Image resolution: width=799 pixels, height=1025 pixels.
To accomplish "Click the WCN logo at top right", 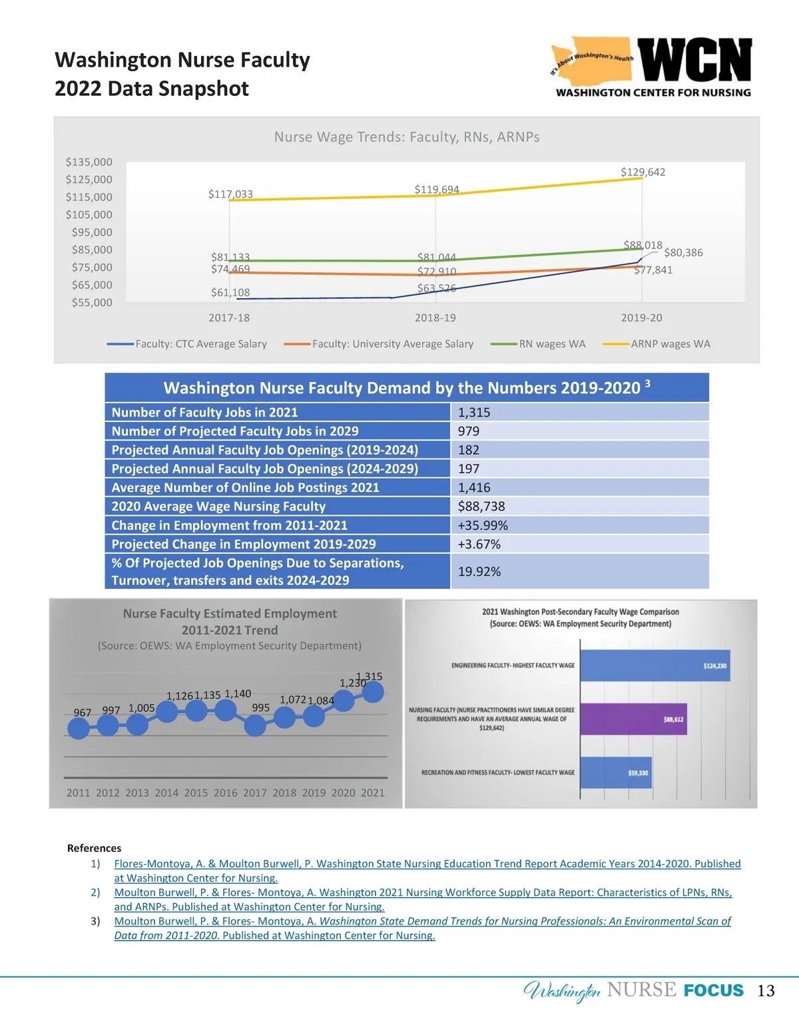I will [653, 67].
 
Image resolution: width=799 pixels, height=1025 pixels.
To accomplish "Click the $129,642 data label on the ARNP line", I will [643, 172].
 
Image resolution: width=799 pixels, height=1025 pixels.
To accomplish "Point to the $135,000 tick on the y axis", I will [89, 162].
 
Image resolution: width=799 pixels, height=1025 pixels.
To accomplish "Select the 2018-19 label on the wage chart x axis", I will [435, 317].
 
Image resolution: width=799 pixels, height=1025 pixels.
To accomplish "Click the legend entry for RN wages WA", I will [552, 344].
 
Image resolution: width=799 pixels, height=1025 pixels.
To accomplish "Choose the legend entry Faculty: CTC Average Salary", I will [200, 344].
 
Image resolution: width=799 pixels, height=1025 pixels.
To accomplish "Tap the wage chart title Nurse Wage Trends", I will [407, 137].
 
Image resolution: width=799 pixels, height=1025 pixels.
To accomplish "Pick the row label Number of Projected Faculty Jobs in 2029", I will [235, 431].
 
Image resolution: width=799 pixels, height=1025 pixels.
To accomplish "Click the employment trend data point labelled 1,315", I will [373, 692].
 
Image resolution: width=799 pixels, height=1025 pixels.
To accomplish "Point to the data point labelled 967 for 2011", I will [79, 728].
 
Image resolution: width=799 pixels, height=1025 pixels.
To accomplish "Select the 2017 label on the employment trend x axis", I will [255, 793].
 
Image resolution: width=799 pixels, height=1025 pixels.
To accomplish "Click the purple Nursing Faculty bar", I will [633, 719].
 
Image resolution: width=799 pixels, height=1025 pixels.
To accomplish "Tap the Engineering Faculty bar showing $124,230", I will [655, 666].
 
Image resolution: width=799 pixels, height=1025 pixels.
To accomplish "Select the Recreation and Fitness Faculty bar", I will [616, 773].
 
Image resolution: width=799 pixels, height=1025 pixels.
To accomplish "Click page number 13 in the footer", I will [766, 991].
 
